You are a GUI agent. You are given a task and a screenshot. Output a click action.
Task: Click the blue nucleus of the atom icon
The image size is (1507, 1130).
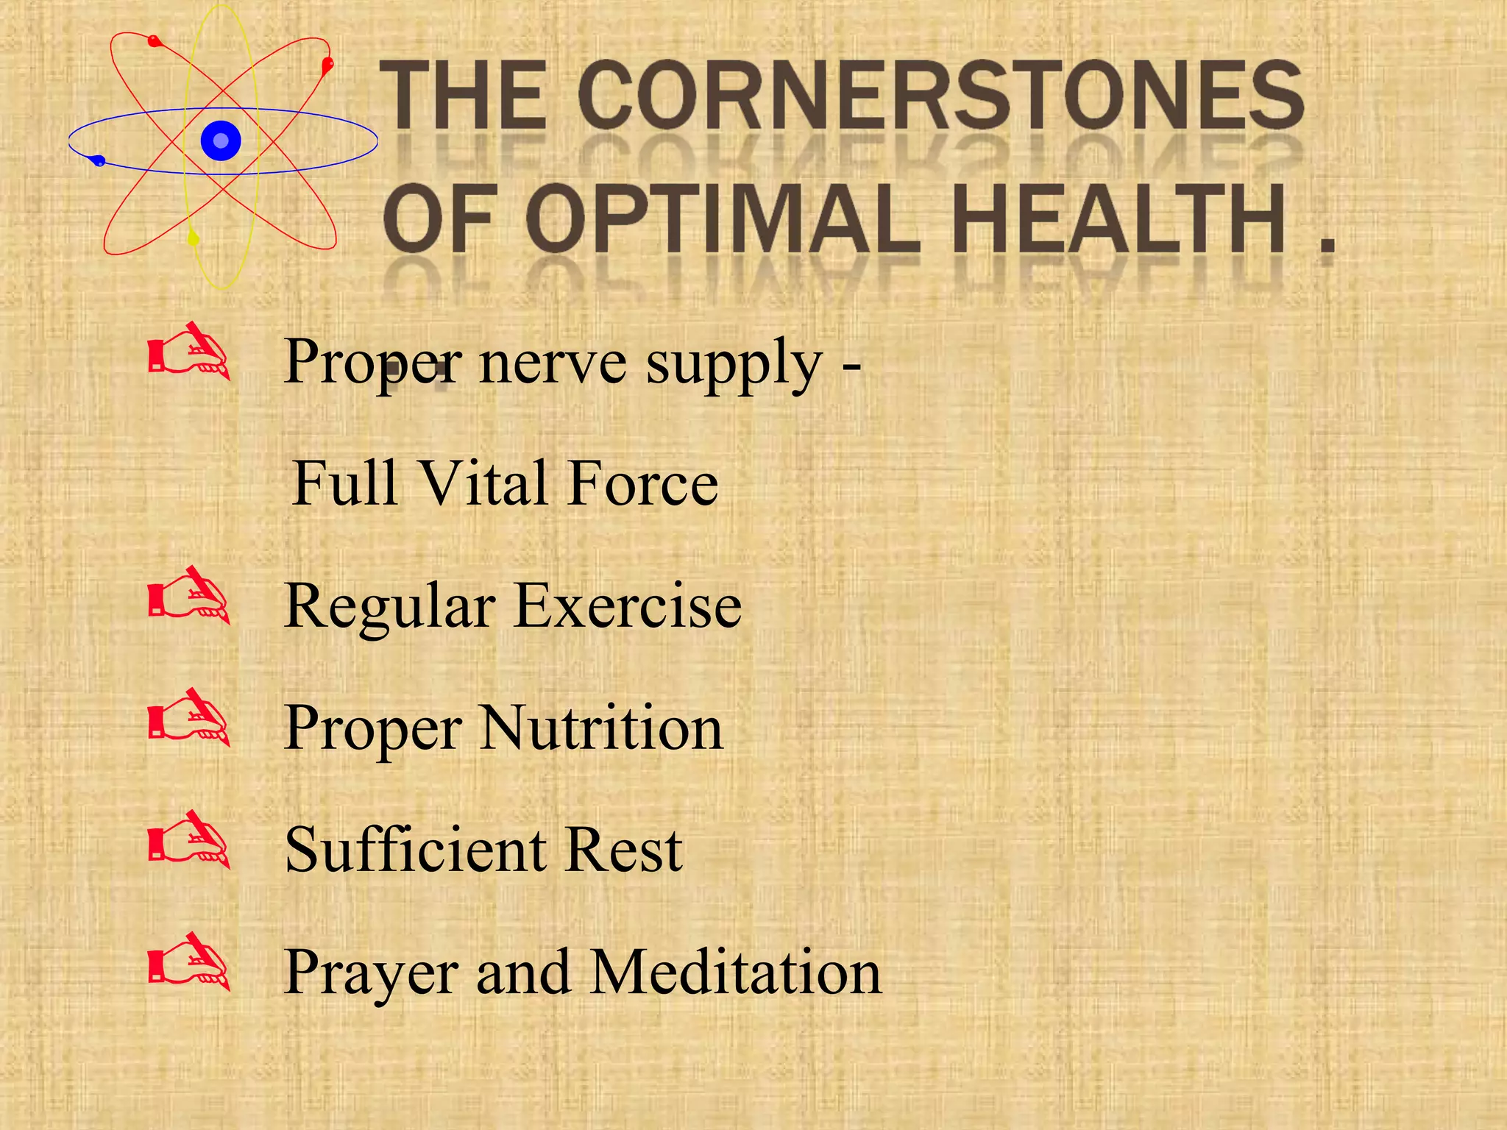(221, 141)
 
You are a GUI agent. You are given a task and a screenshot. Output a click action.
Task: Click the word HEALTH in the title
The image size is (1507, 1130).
(1118, 219)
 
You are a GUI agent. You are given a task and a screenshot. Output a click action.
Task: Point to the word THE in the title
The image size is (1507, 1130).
(464, 96)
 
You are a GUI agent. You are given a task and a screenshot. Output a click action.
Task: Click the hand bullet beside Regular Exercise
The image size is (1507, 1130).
(189, 596)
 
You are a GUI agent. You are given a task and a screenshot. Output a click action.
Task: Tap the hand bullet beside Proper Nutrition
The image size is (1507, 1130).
(189, 718)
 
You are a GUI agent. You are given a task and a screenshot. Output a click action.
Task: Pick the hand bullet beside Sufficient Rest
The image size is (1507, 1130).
(189, 840)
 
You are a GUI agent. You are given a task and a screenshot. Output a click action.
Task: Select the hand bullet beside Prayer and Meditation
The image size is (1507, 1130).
(189, 962)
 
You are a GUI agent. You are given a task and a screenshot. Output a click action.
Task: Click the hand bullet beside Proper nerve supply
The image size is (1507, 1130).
(189, 352)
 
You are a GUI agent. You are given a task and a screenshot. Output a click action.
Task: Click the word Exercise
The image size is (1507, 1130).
(628, 606)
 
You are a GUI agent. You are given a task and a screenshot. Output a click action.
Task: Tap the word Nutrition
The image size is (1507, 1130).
(601, 728)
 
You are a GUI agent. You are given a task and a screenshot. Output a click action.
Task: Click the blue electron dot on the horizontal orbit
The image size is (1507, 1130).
(99, 161)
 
